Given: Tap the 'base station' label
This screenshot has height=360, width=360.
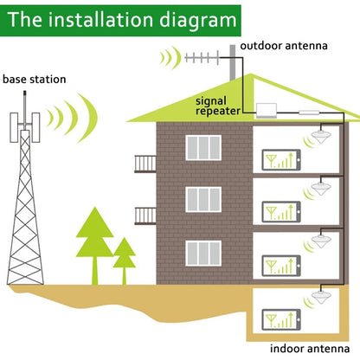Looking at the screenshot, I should coord(34,80).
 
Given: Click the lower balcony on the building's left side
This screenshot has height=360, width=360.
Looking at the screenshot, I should coord(145,214).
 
